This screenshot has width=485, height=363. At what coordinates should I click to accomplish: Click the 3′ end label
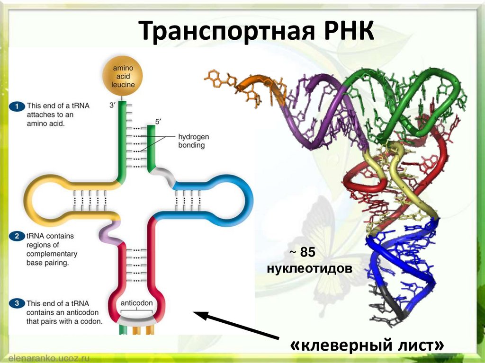pos(112,106)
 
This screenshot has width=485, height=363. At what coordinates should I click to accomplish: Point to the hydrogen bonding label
pos(193,141)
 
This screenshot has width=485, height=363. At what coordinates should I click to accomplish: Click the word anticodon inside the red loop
pos(137,303)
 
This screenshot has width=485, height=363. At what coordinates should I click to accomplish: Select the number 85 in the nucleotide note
pos(307,253)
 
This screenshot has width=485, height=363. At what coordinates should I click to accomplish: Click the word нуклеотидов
pos(309,269)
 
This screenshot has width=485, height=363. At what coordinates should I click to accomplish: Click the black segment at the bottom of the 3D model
pos(395,305)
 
